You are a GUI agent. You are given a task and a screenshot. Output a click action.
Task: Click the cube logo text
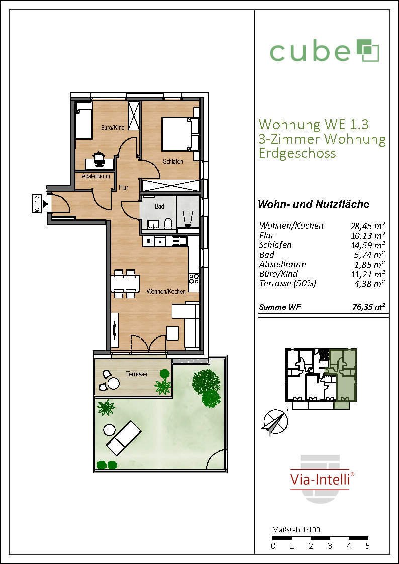[310, 52]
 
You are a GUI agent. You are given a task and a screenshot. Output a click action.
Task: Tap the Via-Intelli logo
[320, 479]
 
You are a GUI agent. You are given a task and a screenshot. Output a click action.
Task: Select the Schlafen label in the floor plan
[173, 162]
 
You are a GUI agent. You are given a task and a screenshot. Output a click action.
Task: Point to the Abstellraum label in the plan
[93, 177]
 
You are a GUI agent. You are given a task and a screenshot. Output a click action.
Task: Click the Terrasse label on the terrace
[137, 374]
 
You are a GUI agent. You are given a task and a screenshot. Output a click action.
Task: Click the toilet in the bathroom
[168, 223]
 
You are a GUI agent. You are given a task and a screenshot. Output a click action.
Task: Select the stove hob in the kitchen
[194, 279]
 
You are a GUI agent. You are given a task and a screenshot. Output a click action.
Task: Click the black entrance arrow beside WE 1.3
[45, 205]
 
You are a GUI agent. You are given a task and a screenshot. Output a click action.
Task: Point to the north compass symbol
[275, 423]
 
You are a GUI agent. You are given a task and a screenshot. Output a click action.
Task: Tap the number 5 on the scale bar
[368, 546]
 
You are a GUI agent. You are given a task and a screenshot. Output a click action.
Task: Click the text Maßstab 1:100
[296, 529]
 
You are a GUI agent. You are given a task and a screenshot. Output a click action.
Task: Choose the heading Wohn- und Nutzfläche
[314, 205]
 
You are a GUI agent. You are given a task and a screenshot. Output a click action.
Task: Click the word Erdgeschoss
[297, 153]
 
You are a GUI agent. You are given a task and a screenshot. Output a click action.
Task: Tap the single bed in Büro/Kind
[84, 120]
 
